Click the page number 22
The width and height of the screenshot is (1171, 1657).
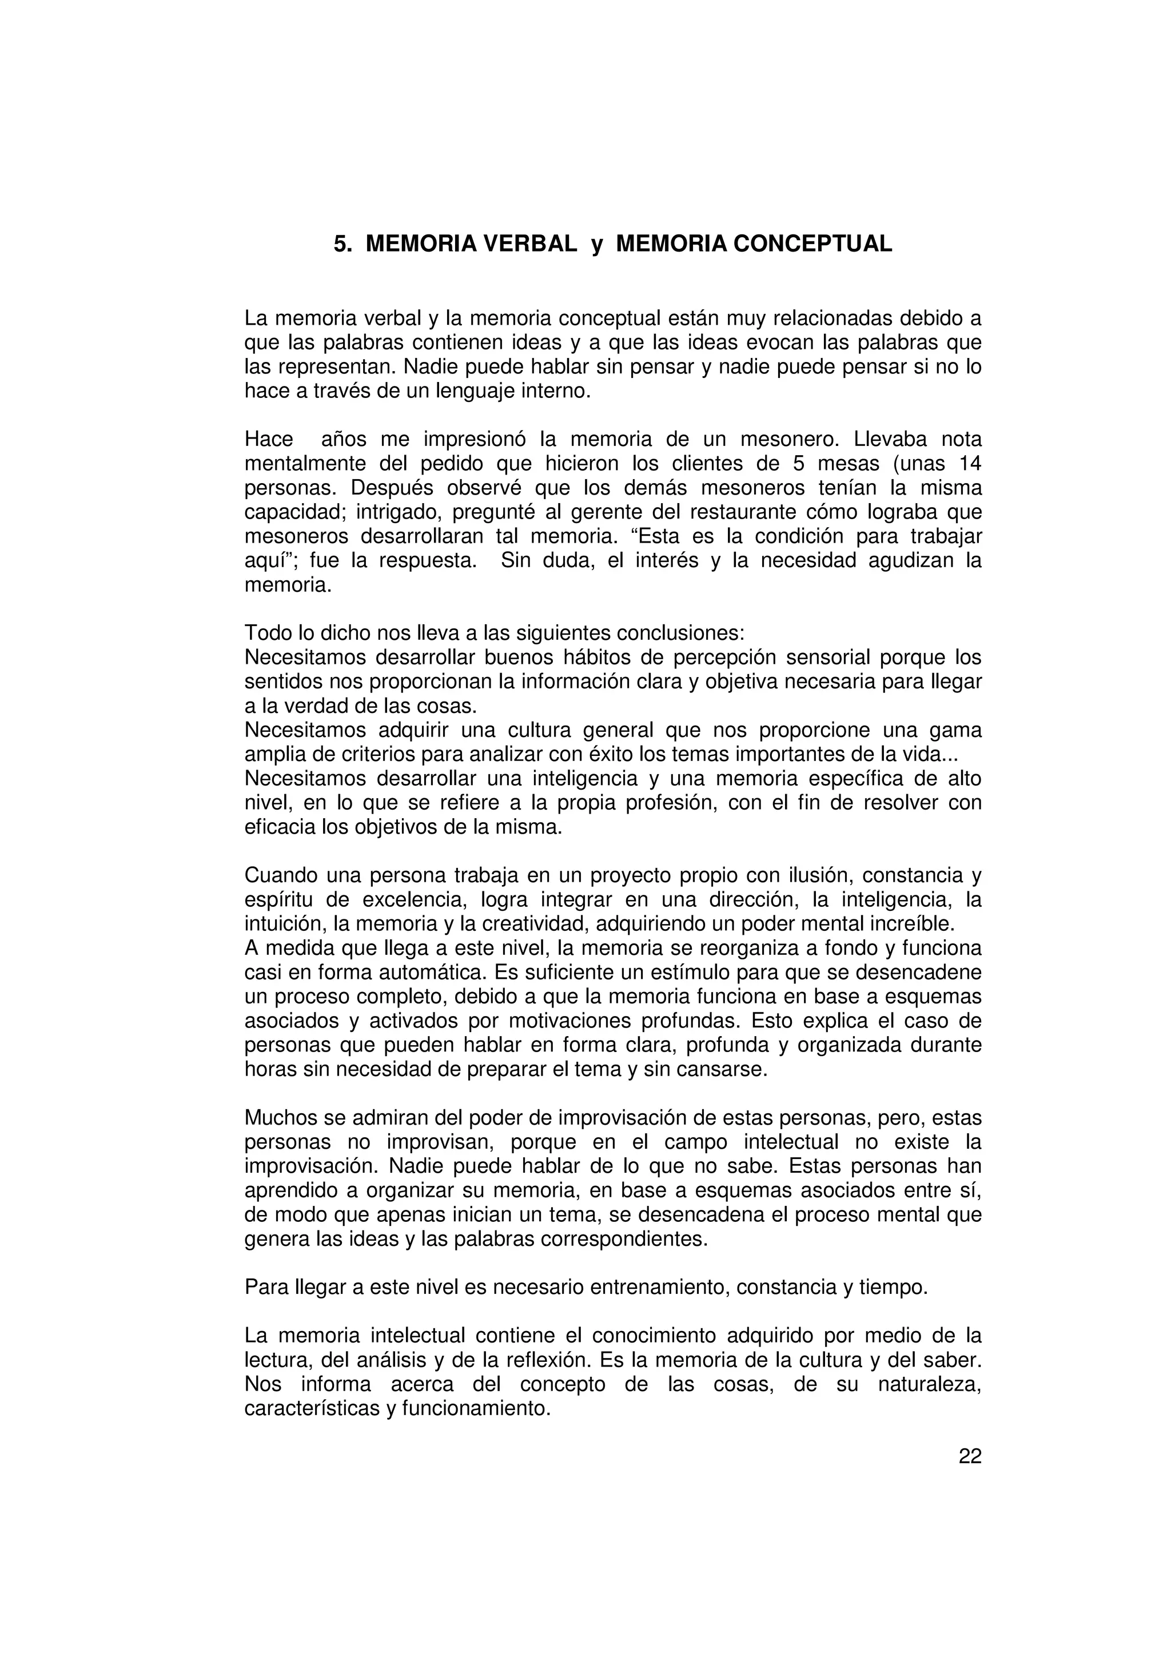[x=970, y=1456]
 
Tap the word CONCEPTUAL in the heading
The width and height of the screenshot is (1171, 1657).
[x=812, y=244]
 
